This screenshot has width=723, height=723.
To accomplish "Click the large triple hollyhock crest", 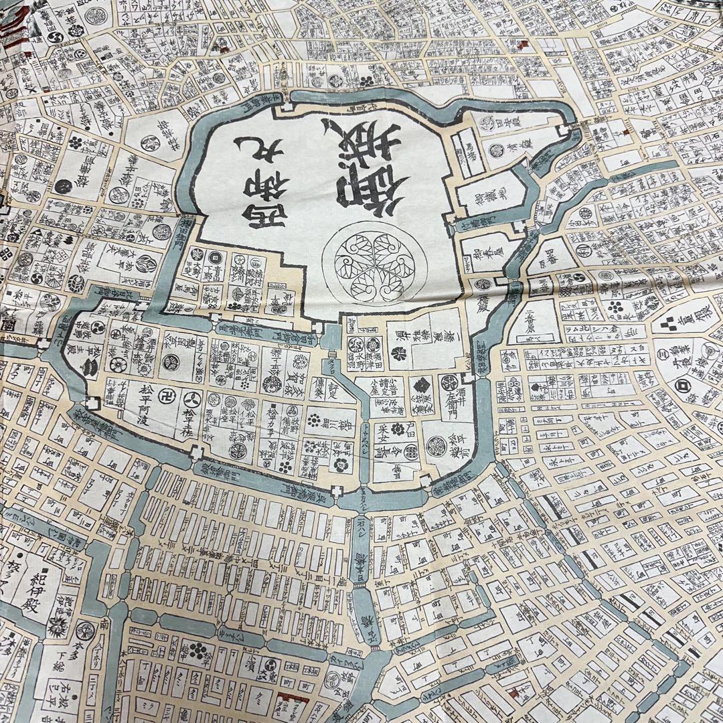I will click(x=365, y=262).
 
